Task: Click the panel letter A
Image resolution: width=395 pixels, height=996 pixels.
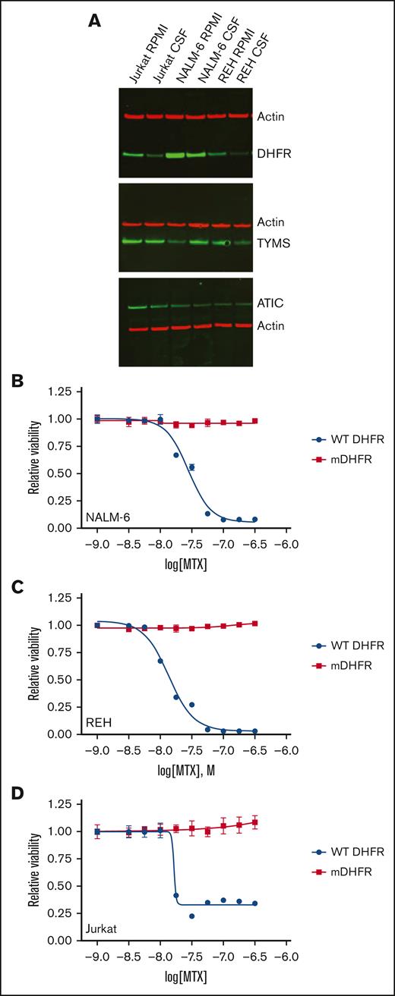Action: coord(95,21)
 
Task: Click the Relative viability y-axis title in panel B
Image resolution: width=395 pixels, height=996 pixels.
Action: coord(34,460)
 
